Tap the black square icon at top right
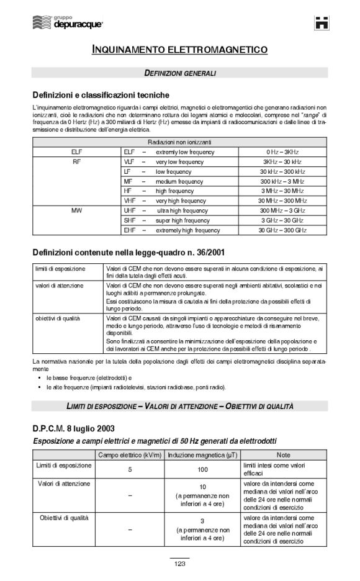click(322, 24)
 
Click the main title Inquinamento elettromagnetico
click(180, 48)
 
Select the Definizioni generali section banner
click(180, 73)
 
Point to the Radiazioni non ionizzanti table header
click(180, 142)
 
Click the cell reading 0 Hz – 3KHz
click(282, 152)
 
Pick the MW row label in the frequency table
click(76, 210)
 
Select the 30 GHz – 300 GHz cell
click(282, 230)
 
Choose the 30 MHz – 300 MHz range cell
click(282, 201)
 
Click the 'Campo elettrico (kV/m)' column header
click(130, 455)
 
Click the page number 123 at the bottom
click(180, 564)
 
